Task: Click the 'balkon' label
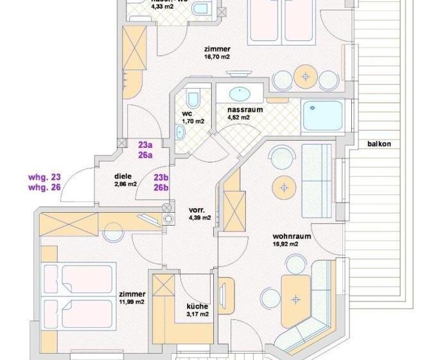(380, 143)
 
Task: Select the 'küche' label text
(196, 306)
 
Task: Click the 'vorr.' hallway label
(197, 210)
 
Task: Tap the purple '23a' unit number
(146, 145)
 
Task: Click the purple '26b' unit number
(161, 188)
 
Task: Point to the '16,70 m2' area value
(217, 57)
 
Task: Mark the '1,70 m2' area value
(193, 121)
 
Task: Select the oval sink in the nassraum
(241, 91)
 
